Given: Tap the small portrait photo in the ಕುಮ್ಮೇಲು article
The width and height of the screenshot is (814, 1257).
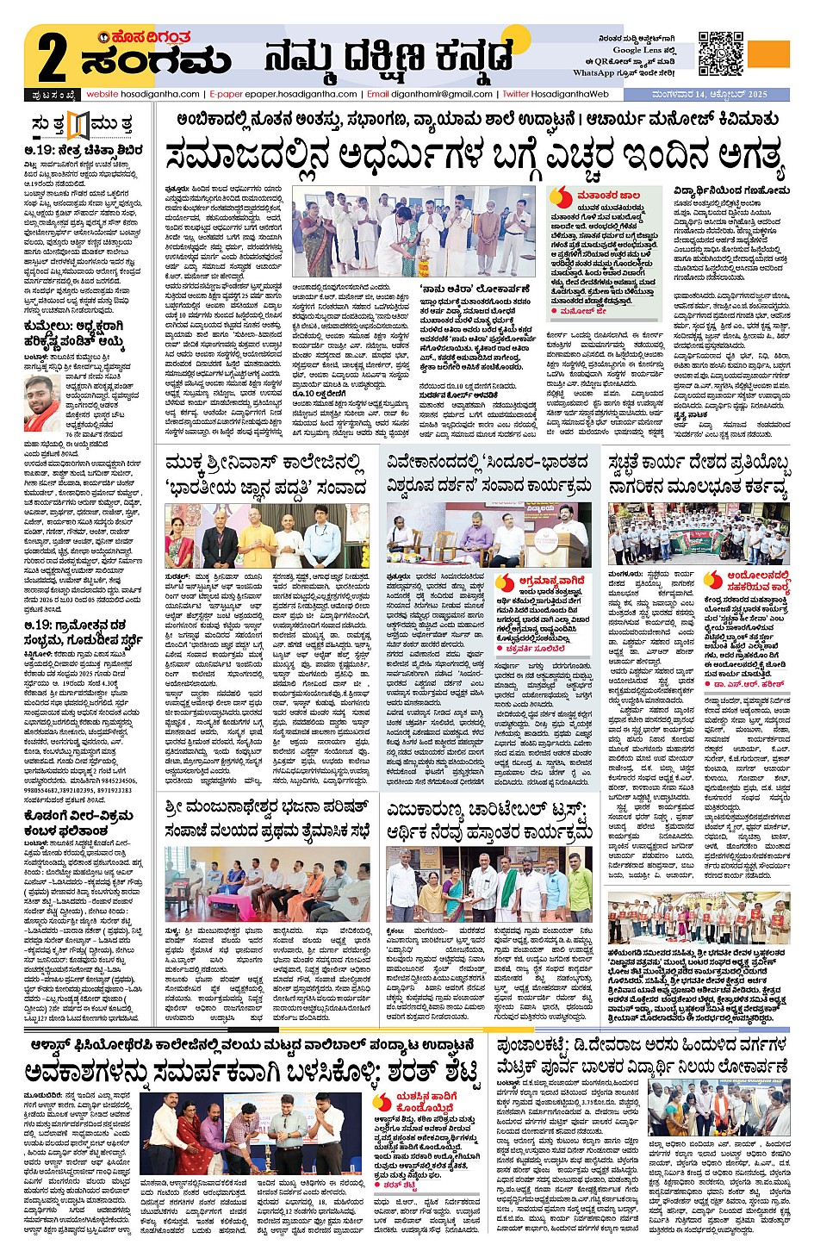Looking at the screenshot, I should click(x=43, y=404).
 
